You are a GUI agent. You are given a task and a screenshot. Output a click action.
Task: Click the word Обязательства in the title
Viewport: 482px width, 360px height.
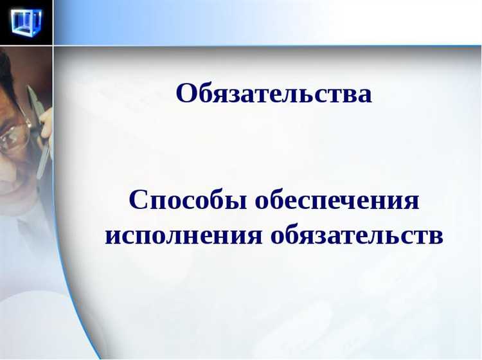(274, 94)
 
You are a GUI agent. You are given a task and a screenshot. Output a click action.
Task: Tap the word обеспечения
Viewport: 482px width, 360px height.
(337, 201)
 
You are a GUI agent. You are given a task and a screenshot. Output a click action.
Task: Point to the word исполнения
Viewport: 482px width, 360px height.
(184, 235)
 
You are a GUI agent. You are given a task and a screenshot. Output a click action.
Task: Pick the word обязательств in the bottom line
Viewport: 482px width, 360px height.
(357, 235)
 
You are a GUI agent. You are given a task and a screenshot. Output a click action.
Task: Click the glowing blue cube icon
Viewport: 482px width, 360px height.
(26, 22)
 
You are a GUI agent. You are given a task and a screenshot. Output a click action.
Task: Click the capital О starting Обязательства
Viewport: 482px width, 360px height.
(186, 94)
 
